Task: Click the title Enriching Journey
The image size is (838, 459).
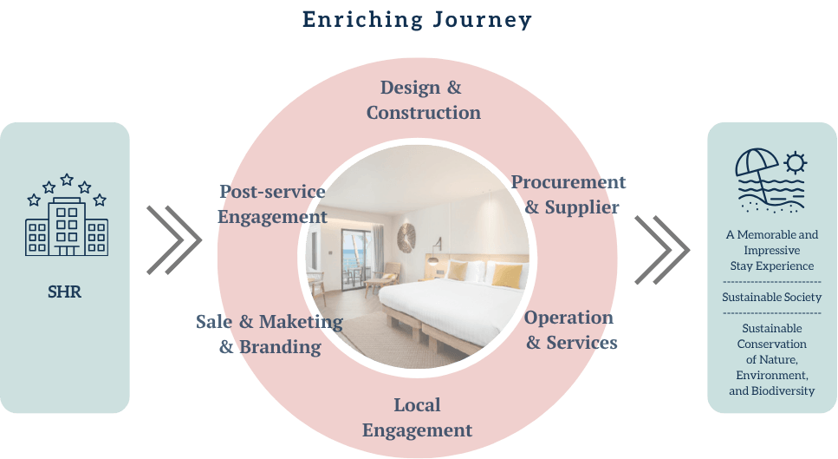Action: [417, 20]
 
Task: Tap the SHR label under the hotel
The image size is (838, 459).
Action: [65, 292]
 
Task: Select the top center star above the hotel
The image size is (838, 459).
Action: [67, 180]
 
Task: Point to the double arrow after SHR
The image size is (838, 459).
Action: [174, 239]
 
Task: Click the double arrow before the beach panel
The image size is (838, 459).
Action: [662, 250]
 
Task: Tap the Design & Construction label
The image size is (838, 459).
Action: [423, 100]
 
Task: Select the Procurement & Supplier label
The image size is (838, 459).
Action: [568, 194]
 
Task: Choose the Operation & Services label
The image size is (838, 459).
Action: [571, 330]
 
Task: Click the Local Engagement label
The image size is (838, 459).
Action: [417, 417]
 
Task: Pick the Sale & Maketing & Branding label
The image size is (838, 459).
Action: [270, 334]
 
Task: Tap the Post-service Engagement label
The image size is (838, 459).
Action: [272, 204]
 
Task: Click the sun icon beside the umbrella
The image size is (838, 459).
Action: [796, 163]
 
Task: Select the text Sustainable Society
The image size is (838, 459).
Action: [772, 297]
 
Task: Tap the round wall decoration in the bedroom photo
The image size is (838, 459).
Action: [407, 238]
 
